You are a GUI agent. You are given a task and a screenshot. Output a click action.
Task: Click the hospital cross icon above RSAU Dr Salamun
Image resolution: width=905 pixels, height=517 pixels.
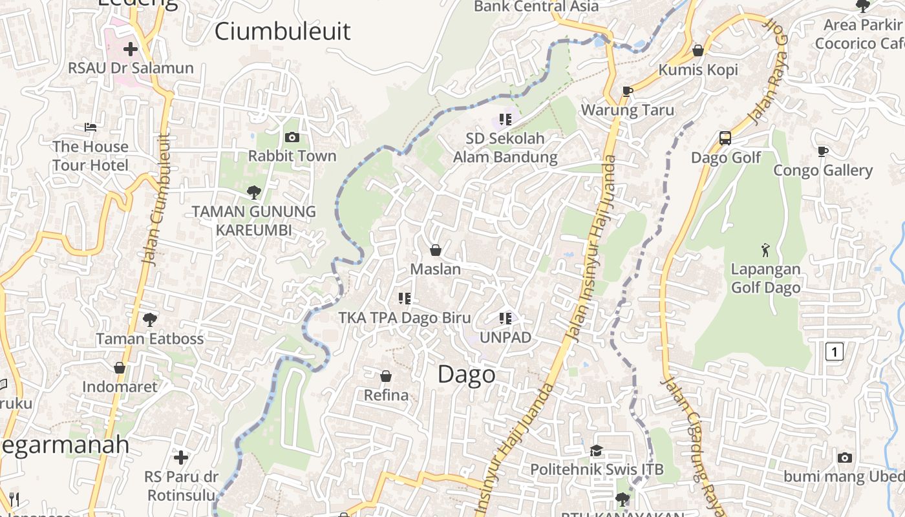pyautogui.click(x=131, y=49)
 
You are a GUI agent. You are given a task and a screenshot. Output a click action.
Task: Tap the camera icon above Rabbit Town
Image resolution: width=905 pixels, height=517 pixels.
pyautogui.click(x=292, y=137)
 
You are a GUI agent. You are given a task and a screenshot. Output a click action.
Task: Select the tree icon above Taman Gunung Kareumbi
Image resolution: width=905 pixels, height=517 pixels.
pyautogui.click(x=253, y=192)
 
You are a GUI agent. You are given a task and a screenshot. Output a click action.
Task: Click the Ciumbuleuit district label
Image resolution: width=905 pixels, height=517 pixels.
pyautogui.click(x=282, y=31)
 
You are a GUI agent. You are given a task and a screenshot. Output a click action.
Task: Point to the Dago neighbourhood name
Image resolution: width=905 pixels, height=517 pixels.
pyautogui.click(x=467, y=375)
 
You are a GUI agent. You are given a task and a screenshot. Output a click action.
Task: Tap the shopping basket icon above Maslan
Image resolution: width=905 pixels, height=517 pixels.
pyautogui.click(x=436, y=250)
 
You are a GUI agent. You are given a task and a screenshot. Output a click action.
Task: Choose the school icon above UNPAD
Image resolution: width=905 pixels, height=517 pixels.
pyautogui.click(x=505, y=318)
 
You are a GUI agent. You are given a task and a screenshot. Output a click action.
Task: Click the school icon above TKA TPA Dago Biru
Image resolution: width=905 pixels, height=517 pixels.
pyautogui.click(x=405, y=298)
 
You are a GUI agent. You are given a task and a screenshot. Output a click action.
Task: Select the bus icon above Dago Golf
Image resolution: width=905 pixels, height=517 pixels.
pyautogui.click(x=725, y=138)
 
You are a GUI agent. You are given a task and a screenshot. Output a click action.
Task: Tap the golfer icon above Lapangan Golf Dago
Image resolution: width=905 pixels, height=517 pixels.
pyautogui.click(x=765, y=249)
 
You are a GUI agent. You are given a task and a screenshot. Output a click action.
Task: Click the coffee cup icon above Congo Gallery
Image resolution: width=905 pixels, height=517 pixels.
pyautogui.click(x=822, y=151)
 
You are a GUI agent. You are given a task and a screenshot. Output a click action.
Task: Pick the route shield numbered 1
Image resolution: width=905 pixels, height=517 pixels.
pyautogui.click(x=835, y=352)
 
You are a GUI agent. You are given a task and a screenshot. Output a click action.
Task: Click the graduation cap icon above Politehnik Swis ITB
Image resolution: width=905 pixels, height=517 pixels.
pyautogui.click(x=596, y=450)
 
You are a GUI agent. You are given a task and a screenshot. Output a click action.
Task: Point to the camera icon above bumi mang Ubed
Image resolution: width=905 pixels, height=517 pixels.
pyautogui.click(x=844, y=458)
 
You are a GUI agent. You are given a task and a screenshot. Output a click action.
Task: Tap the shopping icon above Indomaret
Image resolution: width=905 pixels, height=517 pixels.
pyautogui.click(x=120, y=368)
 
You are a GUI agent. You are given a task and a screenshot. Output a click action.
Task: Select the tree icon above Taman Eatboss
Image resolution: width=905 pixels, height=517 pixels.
pyautogui.click(x=149, y=319)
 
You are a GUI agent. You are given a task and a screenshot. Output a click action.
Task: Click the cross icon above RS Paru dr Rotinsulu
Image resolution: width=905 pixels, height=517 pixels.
pyautogui.click(x=181, y=458)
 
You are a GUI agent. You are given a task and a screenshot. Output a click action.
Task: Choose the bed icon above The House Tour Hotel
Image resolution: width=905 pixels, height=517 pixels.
pyautogui.click(x=90, y=127)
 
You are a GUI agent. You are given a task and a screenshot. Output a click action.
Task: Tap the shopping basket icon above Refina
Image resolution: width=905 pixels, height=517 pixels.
pyautogui.click(x=386, y=376)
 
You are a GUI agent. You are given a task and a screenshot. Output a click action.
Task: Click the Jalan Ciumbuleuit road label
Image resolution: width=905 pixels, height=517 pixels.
pyautogui.click(x=155, y=200)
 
